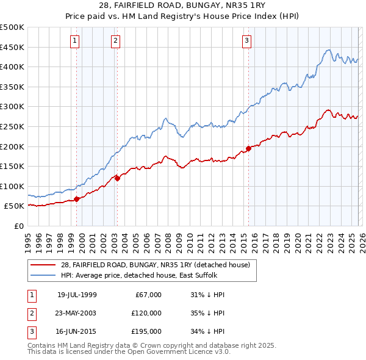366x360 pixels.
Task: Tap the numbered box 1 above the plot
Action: pyautogui.click(x=74, y=41)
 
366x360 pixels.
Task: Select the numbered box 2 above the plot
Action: pyautogui.click(x=115, y=41)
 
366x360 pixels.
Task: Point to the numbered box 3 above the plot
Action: pyautogui.click(x=246, y=41)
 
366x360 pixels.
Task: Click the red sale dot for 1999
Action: pyautogui.click(x=77, y=199)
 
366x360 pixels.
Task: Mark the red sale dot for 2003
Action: pyautogui.click(x=117, y=178)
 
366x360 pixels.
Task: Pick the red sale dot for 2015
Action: pyautogui.click(x=248, y=148)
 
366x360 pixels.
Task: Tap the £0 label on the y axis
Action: pyautogui.click(x=19, y=226)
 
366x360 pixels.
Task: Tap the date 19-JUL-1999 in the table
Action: pyautogui.click(x=77, y=295)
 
